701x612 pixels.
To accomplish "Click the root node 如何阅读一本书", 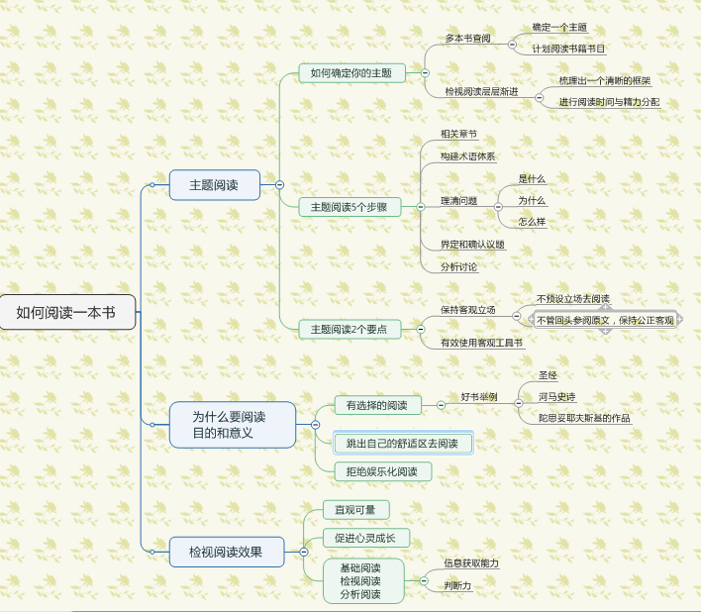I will pyautogui.click(x=65, y=312).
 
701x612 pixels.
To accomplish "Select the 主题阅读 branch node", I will pyautogui.click(x=214, y=185).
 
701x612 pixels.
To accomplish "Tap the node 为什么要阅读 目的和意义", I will pyautogui.click(x=230, y=425).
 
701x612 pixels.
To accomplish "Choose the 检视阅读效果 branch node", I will pyautogui.click(x=227, y=552).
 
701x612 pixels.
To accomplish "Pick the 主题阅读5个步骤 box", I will pyautogui.click(x=350, y=207).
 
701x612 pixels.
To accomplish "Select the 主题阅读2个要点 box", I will pyautogui.click(x=350, y=329).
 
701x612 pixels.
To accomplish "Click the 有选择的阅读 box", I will pyautogui.click(x=370, y=405).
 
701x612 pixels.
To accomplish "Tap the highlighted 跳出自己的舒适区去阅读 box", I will pyautogui.click(x=402, y=444).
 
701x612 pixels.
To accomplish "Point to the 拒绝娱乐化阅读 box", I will pyautogui.click(x=382, y=471).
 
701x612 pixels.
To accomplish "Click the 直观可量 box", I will pyautogui.click(x=355, y=509).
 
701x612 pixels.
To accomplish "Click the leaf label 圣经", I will pyautogui.click(x=548, y=376).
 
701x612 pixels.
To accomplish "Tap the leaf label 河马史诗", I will pyautogui.click(x=556, y=396).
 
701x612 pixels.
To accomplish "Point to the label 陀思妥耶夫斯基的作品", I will pyautogui.click(x=584, y=418).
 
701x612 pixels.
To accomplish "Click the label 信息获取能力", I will pyautogui.click(x=471, y=563).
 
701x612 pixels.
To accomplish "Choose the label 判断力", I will pyautogui.click(x=457, y=586).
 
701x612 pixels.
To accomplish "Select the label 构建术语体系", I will pyautogui.click(x=468, y=156).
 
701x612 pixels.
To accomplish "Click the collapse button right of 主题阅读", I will pyautogui.click(x=280, y=184).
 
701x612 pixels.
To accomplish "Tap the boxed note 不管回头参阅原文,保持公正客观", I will pyautogui.click(x=605, y=320).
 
